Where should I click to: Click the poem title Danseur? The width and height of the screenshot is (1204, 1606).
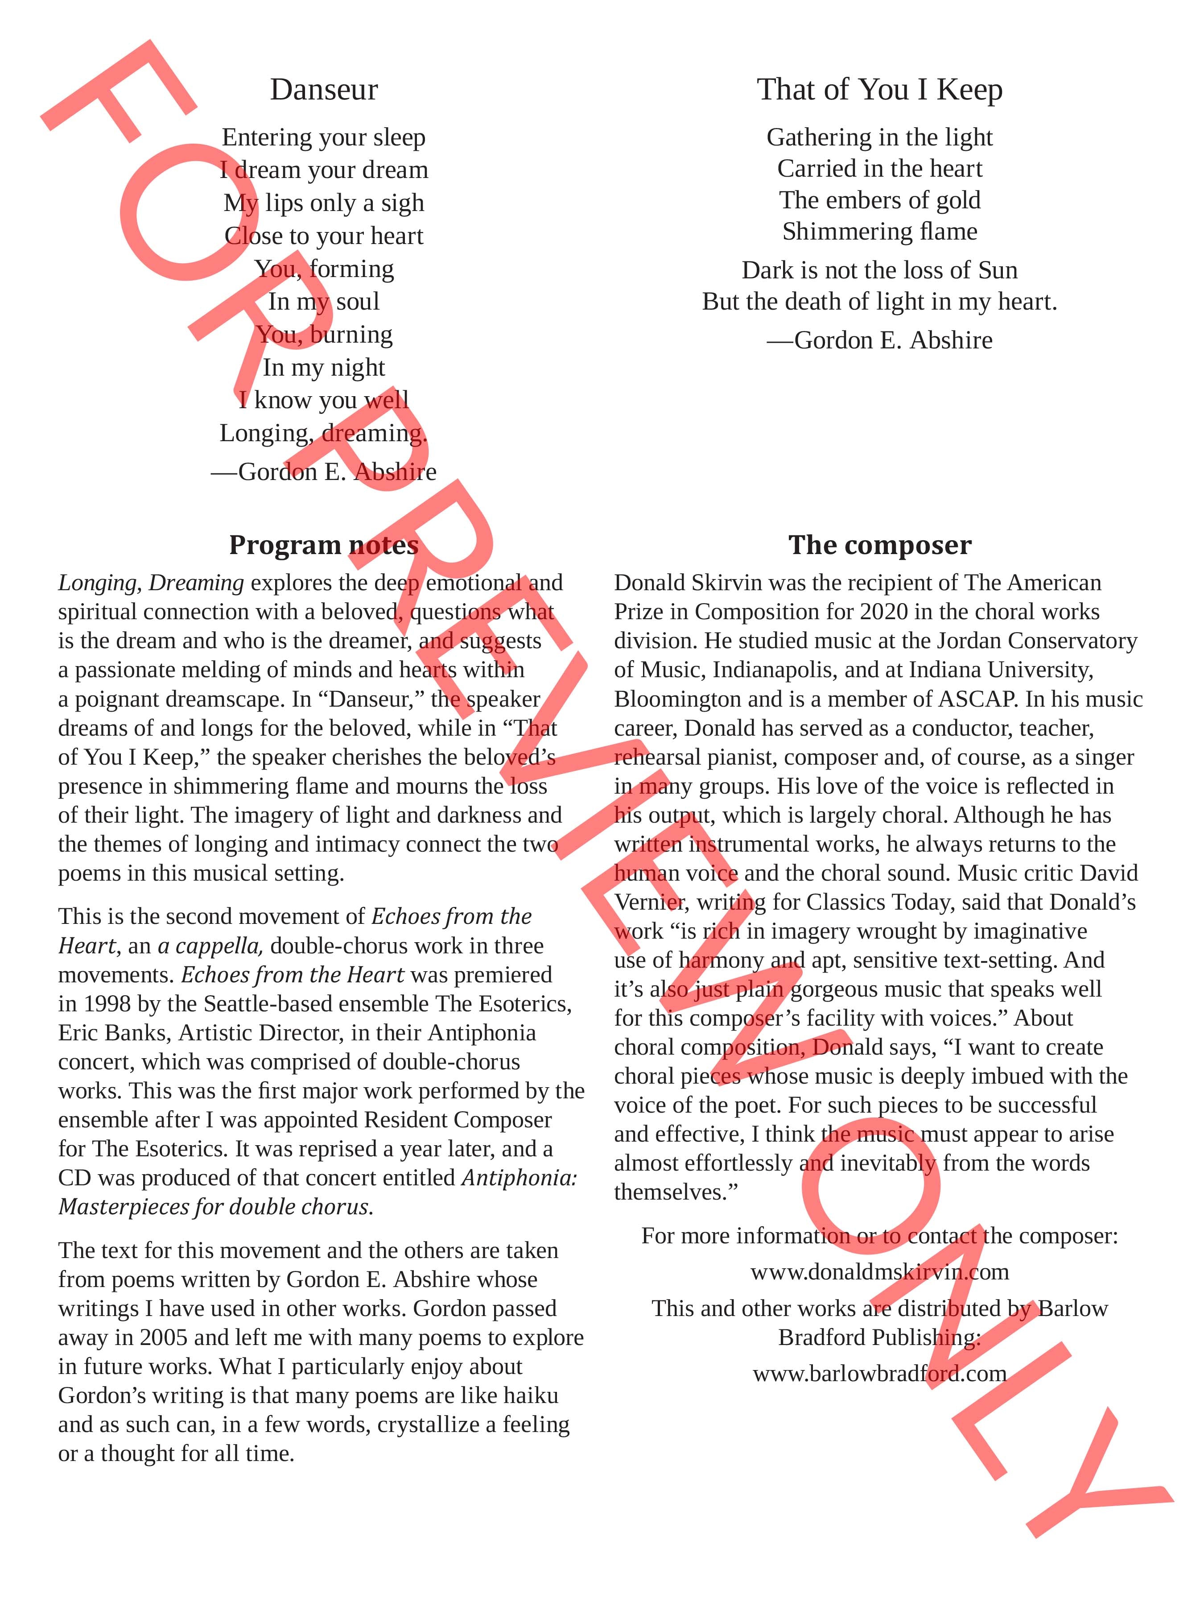pyautogui.click(x=324, y=90)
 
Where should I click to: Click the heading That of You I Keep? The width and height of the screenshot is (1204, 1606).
pyautogui.click(x=880, y=90)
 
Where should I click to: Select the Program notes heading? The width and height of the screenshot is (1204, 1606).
pyautogui.click(x=324, y=545)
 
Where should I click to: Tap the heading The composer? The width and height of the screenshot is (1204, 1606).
pyautogui.click(x=880, y=545)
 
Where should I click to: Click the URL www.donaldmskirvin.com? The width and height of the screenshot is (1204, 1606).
pyautogui.click(x=880, y=1272)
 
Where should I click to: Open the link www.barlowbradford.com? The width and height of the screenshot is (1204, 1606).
pyautogui.click(x=880, y=1374)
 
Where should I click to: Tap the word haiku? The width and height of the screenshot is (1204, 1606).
pyautogui.click(x=531, y=1395)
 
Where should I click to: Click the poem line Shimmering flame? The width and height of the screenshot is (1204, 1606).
pyautogui.click(x=880, y=232)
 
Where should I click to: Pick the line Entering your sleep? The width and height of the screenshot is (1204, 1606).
pyautogui.click(x=324, y=137)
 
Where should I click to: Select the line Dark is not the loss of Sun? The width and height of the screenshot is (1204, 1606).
pyautogui.click(x=880, y=270)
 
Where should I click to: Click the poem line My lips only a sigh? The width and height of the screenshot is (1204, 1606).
pyautogui.click(x=324, y=203)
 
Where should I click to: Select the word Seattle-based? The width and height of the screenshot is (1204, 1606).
pyautogui.click(x=280, y=1004)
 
